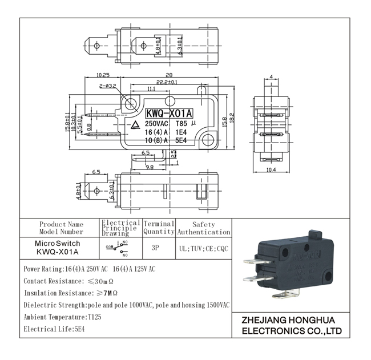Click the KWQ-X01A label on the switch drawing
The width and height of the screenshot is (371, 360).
168,113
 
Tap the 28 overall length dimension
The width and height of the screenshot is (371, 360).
169,75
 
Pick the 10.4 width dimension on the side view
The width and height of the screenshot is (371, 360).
270,169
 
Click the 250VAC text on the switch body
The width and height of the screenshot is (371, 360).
157,123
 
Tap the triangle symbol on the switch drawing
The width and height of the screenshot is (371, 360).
136,126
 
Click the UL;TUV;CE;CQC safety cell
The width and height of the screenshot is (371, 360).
203,249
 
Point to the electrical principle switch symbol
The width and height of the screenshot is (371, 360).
118,246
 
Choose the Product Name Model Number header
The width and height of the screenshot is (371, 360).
61,228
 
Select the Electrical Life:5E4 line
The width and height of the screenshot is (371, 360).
53,329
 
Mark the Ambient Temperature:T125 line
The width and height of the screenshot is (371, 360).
62,317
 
